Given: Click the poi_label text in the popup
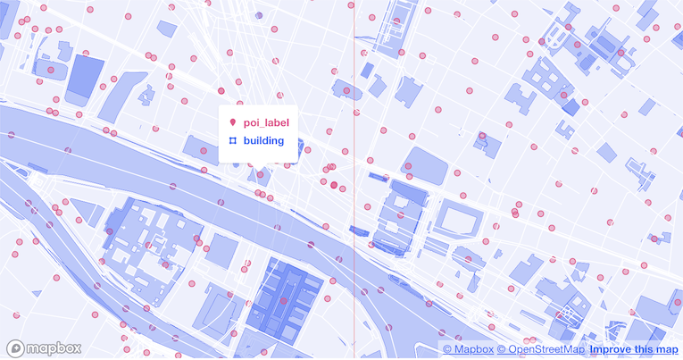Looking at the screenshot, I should pyautogui.click(x=266, y=121).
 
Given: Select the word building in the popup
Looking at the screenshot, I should pyautogui.click(x=263, y=141).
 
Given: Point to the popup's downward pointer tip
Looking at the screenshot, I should pyautogui.click(x=258, y=171).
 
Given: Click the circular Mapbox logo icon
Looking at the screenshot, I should pyautogui.click(x=15, y=348).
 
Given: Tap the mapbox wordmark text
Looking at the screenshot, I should pyautogui.click(x=53, y=348).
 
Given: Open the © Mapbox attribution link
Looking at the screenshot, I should pyautogui.click(x=468, y=348).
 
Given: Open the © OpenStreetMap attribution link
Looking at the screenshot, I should pyautogui.click(x=540, y=348).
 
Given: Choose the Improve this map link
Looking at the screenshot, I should pyautogui.click(x=633, y=348).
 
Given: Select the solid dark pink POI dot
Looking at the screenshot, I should pyautogui.click(x=334, y=186).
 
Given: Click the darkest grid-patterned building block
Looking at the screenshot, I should pyautogui.click(x=283, y=299).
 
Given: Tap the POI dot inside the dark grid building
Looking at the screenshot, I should pyautogui.click(x=283, y=301).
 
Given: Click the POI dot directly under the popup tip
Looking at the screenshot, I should pyautogui.click(x=260, y=175).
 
